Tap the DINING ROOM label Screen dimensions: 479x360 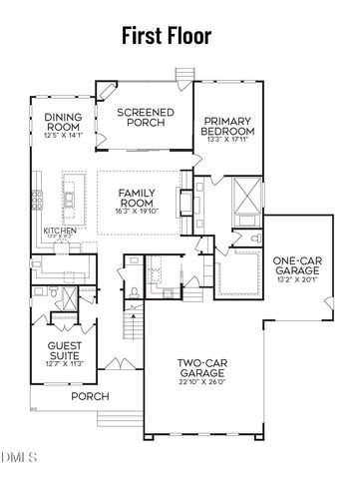click(x=62, y=122)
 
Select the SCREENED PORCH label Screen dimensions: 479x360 click(x=146, y=118)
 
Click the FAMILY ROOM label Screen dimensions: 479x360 click(x=136, y=197)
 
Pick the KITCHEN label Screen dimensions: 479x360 click(x=60, y=231)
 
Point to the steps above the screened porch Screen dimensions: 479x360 click(x=182, y=73)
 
